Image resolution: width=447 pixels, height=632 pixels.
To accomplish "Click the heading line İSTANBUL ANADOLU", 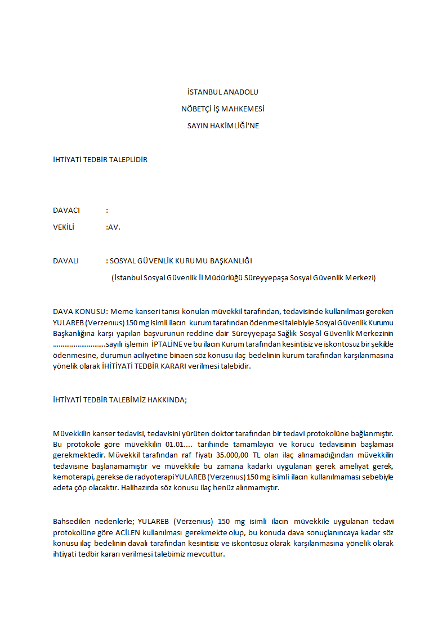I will pos(223,92).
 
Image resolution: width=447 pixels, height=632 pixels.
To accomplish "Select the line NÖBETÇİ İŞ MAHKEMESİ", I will pos(223,109).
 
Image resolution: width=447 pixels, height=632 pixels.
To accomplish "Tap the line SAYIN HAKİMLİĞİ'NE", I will pos(223,125).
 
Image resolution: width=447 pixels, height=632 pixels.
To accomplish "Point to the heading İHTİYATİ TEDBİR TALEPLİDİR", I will pos(100,159).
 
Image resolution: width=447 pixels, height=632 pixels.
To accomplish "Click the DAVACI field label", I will pos(66,210).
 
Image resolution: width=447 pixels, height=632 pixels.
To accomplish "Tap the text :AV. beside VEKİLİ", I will pos(113,227).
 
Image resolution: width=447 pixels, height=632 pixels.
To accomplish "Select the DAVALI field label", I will pos(66,261).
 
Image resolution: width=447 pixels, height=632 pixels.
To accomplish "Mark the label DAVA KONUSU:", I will pos(80,311).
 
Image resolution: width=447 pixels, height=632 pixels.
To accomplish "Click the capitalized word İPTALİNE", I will pos(167,344).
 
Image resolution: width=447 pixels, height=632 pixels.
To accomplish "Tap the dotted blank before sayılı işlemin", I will pos(79,344).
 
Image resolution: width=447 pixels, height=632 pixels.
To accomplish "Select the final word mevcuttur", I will pos(207,554).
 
